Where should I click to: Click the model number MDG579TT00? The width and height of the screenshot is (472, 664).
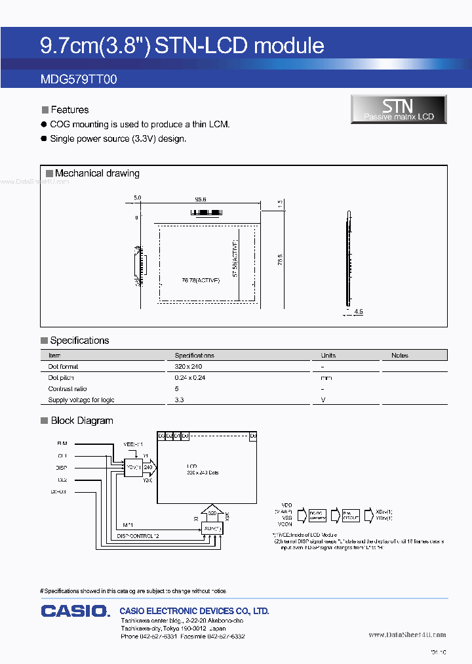[x=79, y=79]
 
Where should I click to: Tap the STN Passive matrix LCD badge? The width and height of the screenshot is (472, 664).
[x=399, y=109]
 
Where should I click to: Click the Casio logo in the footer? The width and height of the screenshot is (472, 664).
[x=75, y=612]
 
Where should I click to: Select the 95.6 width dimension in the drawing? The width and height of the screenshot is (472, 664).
[x=201, y=199]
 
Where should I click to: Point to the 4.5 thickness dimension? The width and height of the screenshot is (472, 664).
[x=358, y=312]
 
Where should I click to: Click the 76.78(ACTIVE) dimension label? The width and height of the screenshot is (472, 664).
[x=201, y=280]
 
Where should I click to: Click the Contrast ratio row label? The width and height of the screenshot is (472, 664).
[x=67, y=389]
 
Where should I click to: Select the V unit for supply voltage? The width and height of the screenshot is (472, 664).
[x=323, y=400]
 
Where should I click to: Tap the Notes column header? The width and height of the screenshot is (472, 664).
[x=400, y=356]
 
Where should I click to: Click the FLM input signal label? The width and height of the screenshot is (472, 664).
[x=62, y=443]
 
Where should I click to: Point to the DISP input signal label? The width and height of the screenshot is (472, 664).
[x=62, y=468]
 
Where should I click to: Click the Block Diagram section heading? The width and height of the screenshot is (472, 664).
[x=81, y=421]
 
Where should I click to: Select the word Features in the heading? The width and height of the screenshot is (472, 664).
[x=69, y=110]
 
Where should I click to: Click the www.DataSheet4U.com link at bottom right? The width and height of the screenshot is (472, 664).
[x=407, y=634]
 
